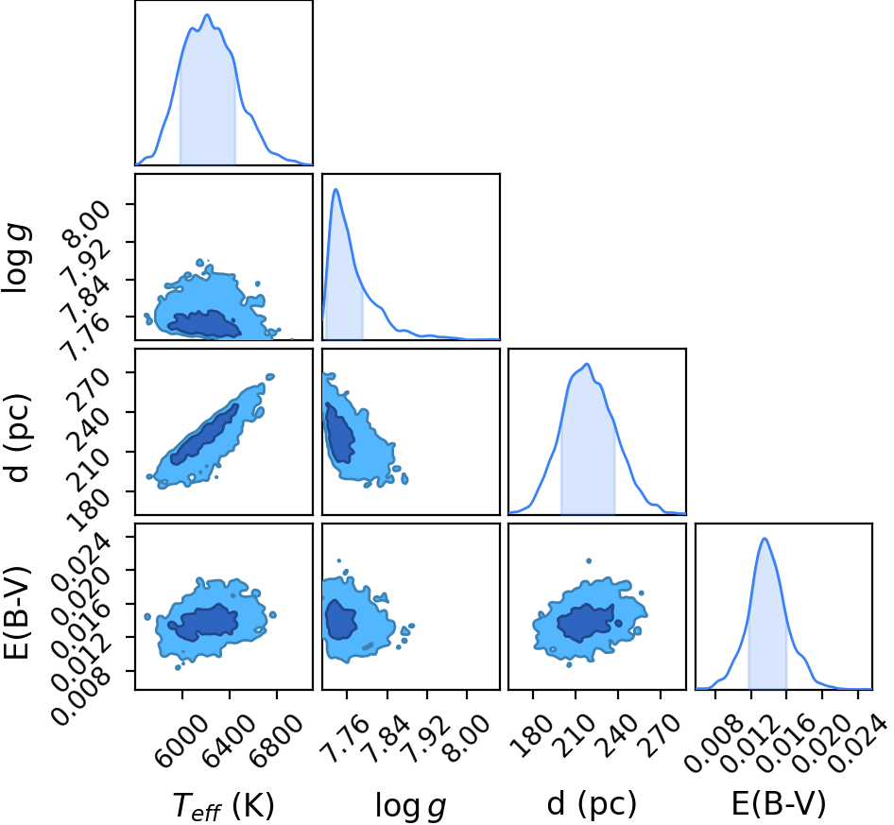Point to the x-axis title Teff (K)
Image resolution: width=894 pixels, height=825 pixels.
(x=223, y=806)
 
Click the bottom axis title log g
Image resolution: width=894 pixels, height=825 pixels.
(x=410, y=806)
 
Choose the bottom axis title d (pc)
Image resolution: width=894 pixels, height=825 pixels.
(x=592, y=804)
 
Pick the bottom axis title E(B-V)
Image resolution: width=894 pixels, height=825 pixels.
(x=779, y=804)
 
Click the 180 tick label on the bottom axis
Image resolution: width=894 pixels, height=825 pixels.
(x=529, y=736)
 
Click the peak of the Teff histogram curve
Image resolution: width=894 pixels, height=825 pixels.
(x=207, y=15)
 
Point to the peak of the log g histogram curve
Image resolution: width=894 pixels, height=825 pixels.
(x=335, y=189)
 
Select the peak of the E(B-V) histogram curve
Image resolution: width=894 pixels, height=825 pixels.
(x=765, y=539)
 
